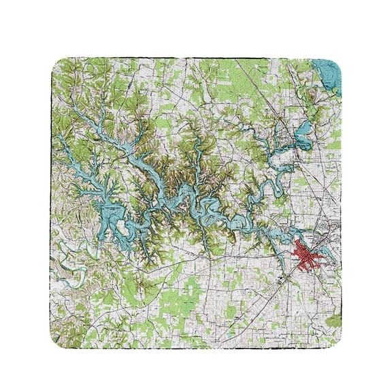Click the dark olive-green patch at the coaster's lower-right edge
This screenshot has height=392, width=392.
(336, 320)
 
